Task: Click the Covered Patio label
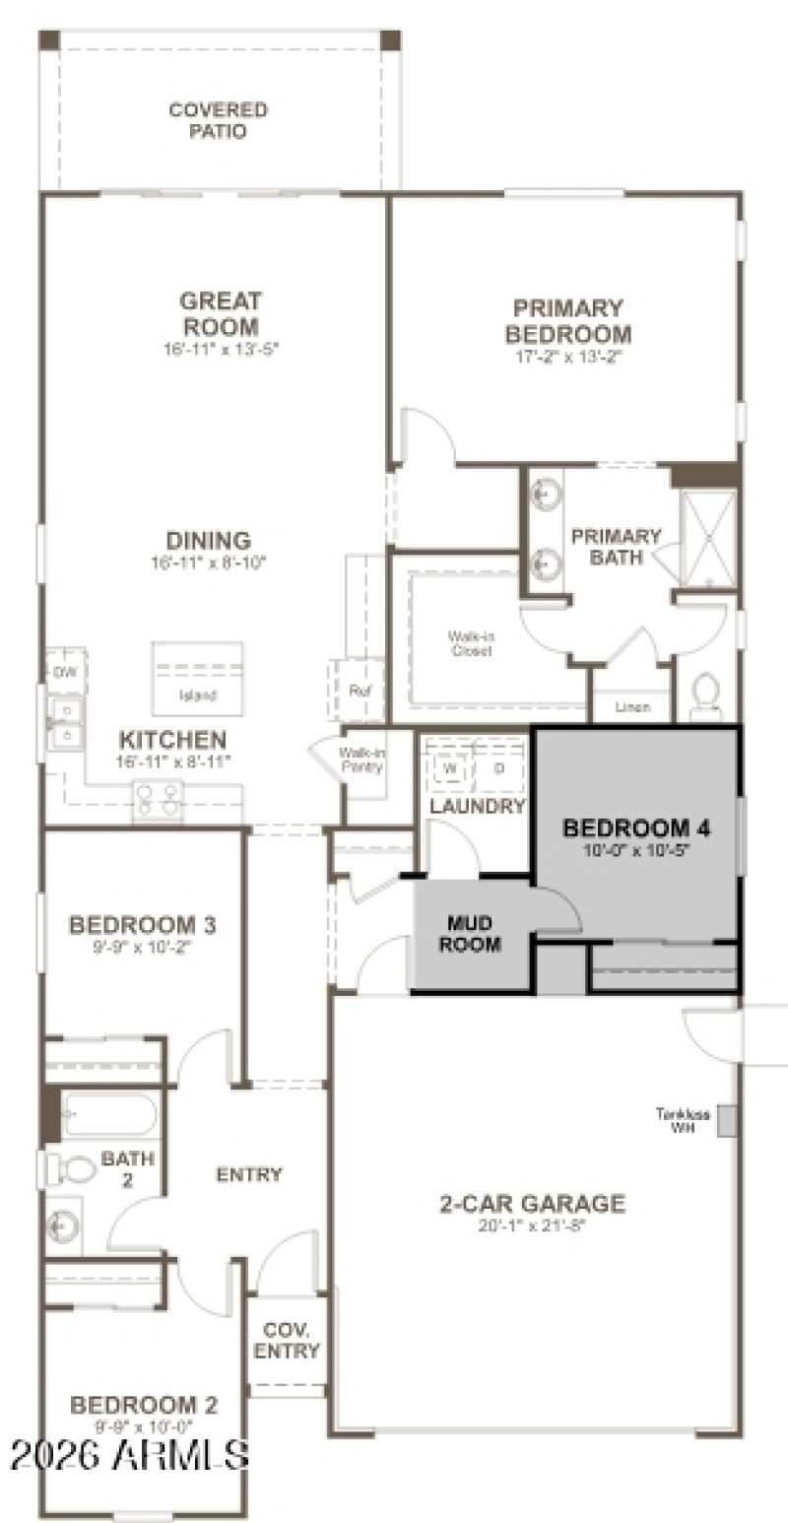click(218, 120)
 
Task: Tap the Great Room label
click(220, 313)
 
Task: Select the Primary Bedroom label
click(568, 321)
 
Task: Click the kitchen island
click(197, 678)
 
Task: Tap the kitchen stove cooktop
click(158, 798)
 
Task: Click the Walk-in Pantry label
click(361, 760)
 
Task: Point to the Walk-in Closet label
click(471, 644)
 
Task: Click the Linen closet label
click(631, 707)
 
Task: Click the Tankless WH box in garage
click(727, 1120)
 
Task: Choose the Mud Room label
click(470, 934)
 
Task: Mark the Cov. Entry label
click(287, 1340)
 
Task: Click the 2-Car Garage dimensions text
click(532, 1225)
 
